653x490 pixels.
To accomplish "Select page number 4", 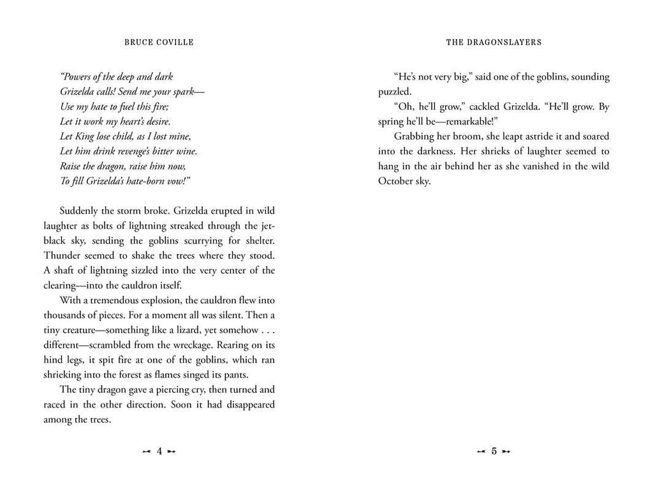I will point(159,451).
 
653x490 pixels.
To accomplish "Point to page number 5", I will point(494,451).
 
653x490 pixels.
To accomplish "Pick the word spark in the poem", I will point(167,92).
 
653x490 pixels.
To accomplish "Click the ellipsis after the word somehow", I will point(269,329).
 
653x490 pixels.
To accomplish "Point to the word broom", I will point(471,136).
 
